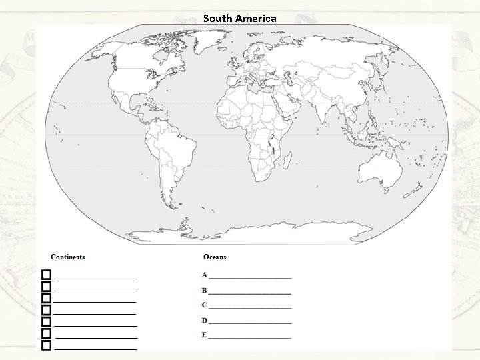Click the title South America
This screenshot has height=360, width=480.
tap(239, 18)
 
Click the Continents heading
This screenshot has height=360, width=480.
tap(68, 257)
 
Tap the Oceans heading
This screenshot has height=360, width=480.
tap(215, 257)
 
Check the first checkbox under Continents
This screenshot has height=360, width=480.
tap(46, 274)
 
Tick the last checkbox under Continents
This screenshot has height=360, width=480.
tap(46, 345)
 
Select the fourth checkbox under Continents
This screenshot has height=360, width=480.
tap(46, 310)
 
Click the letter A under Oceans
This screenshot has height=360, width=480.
tap(205, 275)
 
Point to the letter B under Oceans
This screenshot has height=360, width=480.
tap(205, 290)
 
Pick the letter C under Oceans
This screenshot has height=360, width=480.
tap(205, 305)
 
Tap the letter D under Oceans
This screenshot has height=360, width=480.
tap(205, 320)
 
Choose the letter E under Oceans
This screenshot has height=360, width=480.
tap(205, 335)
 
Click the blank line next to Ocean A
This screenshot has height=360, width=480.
tap(251, 277)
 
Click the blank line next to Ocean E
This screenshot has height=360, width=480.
tap(251, 337)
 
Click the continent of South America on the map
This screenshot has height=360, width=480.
tap(171, 153)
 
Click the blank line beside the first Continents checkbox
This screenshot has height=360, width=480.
tap(95, 276)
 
